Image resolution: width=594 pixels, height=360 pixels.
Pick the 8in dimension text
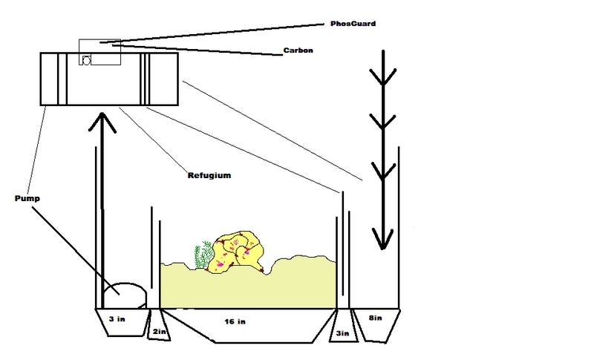pyautogui.click(x=376, y=318)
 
